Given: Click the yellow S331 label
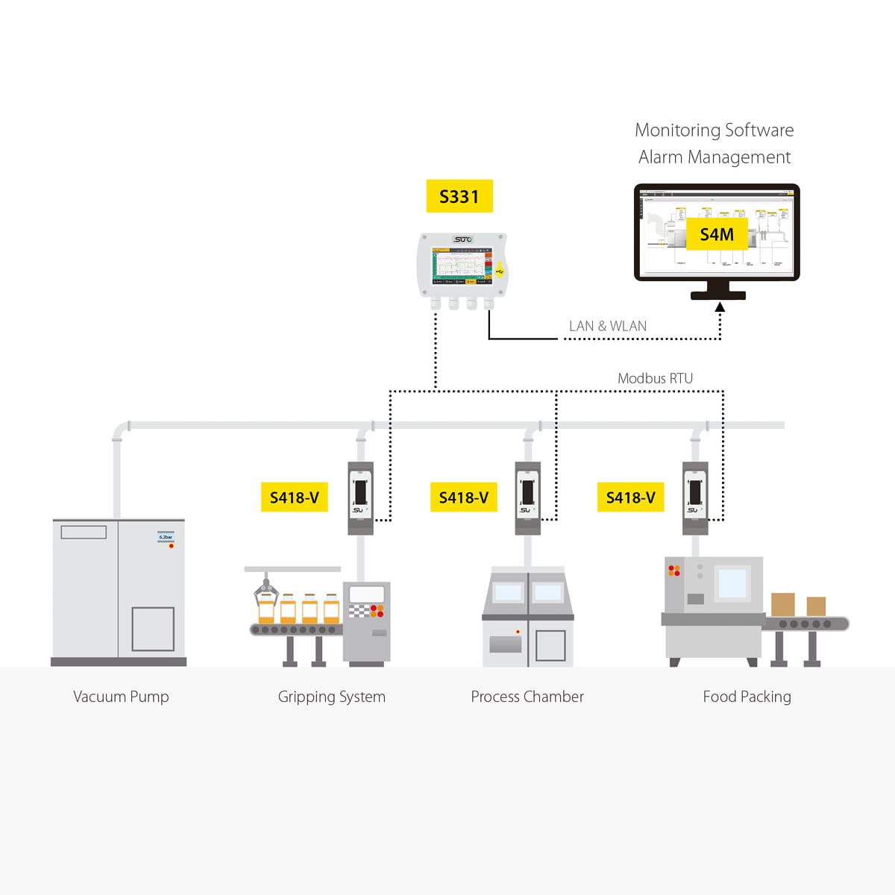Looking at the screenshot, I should click(x=459, y=197).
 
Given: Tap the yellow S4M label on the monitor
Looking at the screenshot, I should click(x=716, y=235).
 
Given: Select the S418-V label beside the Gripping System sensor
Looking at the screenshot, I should click(x=294, y=497).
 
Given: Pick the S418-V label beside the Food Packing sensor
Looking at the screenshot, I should click(x=630, y=497).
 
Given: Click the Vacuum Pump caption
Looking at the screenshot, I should click(x=121, y=697).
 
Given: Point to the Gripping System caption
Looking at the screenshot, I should click(x=331, y=697).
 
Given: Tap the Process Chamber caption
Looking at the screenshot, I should click(x=527, y=697).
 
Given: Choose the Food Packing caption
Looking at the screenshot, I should click(x=747, y=697).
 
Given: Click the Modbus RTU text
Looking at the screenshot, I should click(x=655, y=378).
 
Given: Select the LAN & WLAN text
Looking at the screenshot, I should click(x=607, y=326).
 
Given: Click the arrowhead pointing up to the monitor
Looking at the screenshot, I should click(x=720, y=307).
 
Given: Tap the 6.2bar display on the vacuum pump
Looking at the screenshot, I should click(x=166, y=537).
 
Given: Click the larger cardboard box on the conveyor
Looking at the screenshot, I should click(x=782, y=604).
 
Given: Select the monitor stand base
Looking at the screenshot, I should click(x=717, y=295).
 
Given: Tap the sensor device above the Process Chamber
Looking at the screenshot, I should click(x=528, y=497).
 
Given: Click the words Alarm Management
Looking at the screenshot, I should click(x=714, y=157).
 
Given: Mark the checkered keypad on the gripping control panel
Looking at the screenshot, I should click(x=359, y=611).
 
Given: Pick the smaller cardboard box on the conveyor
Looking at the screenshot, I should click(x=816, y=606).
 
